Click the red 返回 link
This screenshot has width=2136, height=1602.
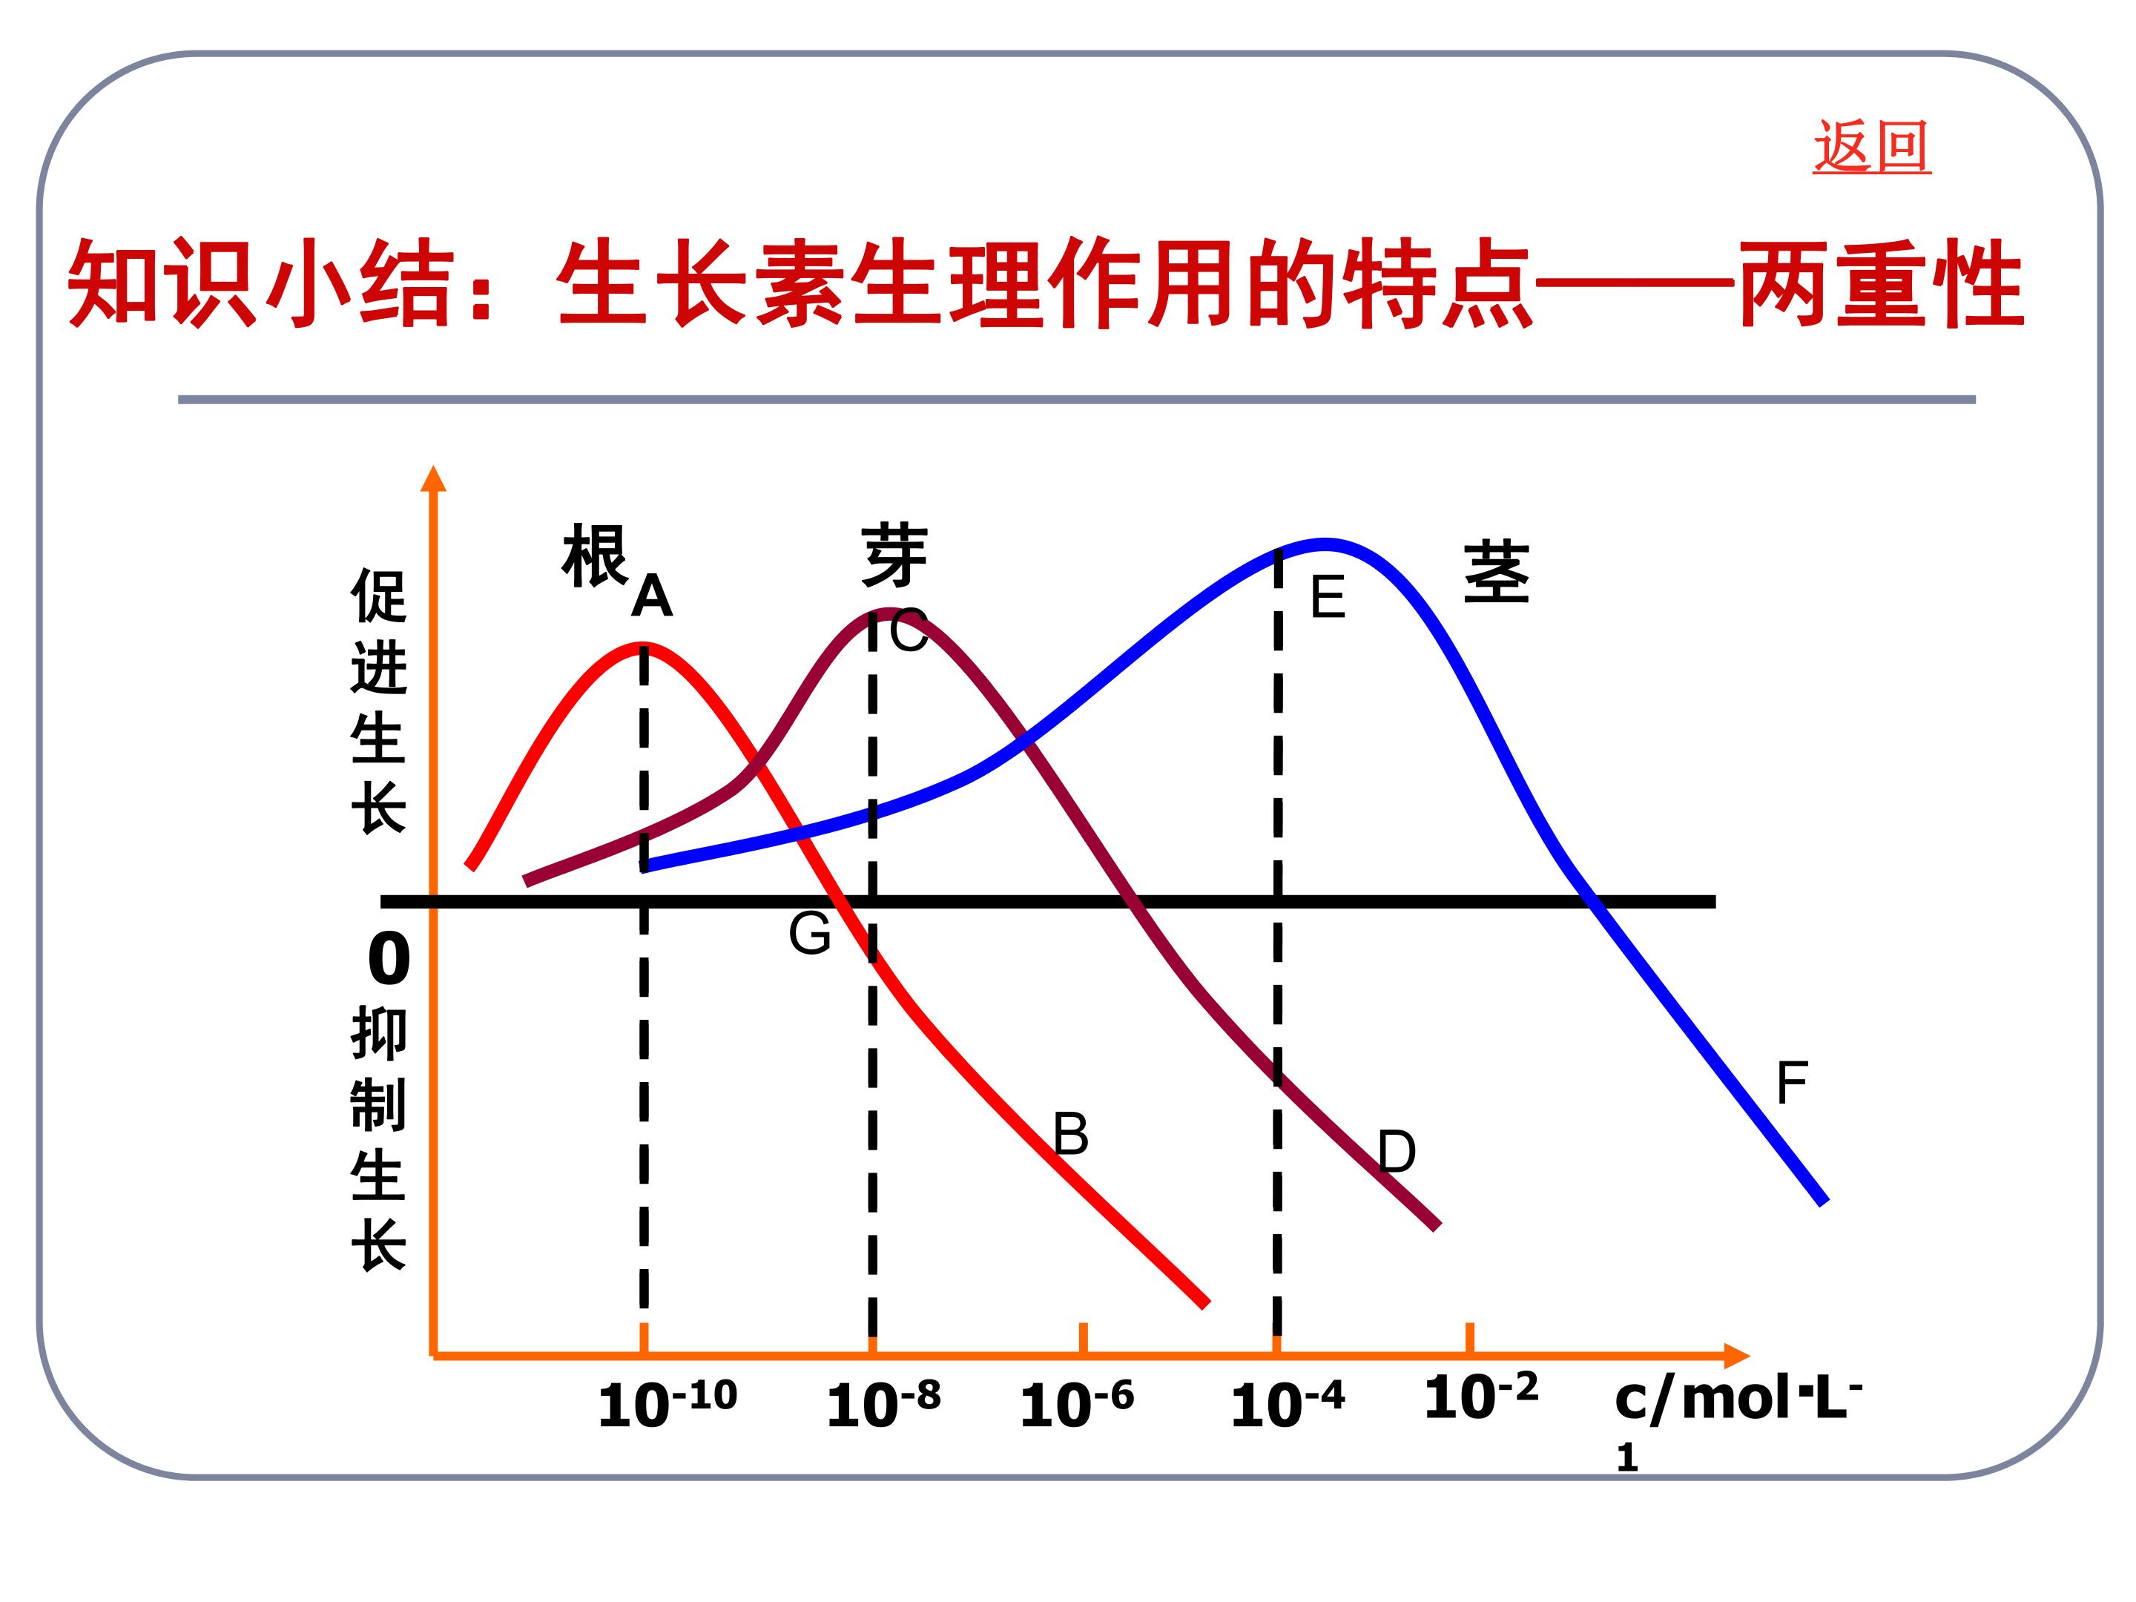pos(1871,147)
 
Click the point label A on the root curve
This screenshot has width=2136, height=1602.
pos(652,595)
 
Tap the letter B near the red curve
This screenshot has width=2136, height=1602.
pos(1071,1134)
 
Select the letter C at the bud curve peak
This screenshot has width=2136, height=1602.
pos(909,632)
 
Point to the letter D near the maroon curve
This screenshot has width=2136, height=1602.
pos(1397,1151)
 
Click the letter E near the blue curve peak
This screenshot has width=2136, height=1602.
pos(1328,597)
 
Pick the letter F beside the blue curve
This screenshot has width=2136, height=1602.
pos(1791,1083)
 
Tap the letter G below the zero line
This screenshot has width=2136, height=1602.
pos(809,933)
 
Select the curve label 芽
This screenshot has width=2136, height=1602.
pos(894,556)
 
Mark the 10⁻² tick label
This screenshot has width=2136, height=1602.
pos(1481,1394)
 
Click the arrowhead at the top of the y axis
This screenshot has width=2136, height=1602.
pos(434,479)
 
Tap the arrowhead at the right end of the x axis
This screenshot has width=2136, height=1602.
pos(1736,1356)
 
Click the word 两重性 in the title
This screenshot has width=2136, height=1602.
pos(1880,284)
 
